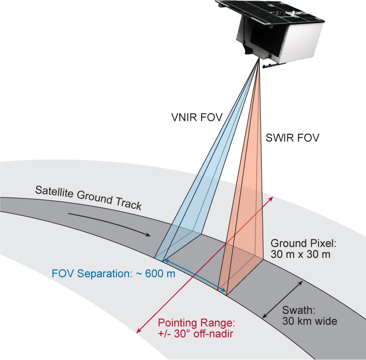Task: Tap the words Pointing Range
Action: click(x=196, y=323)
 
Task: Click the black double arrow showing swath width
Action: click(x=283, y=300)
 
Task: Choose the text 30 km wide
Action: click(x=310, y=321)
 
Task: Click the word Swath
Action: click(x=298, y=310)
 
